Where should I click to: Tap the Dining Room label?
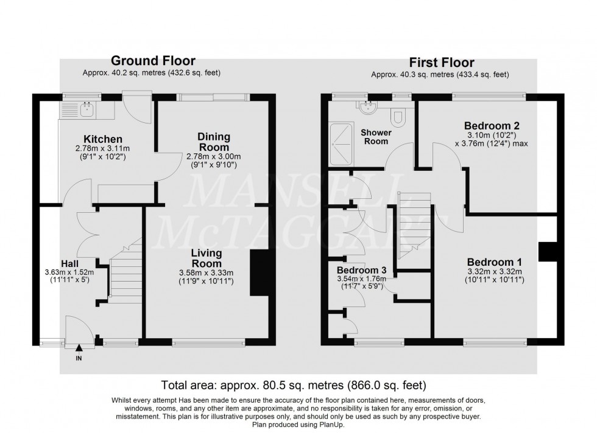coord(213,142)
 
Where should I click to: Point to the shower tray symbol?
coord(341,144)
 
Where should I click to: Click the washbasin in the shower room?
coord(367,108)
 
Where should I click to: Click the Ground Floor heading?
coord(152,61)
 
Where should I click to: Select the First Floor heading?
coord(441,63)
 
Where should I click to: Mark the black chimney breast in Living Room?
coord(260,274)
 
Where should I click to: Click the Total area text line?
coord(293,385)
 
